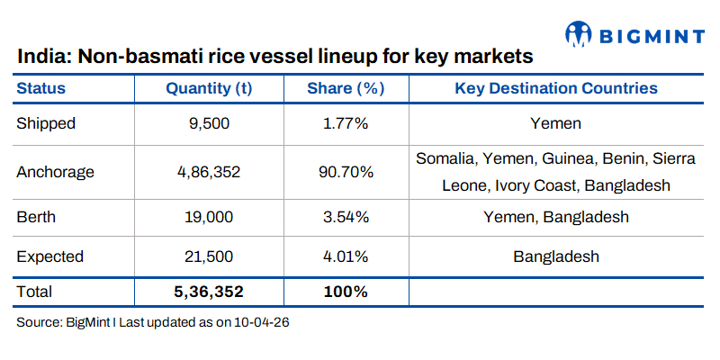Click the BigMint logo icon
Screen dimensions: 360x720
point(578,34)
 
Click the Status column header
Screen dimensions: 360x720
point(41,88)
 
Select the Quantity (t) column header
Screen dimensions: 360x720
point(209,88)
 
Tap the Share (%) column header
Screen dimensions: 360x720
point(346,88)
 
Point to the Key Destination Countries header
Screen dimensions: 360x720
point(556,88)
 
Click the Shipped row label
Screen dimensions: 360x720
point(46,123)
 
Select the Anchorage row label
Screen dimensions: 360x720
point(55,171)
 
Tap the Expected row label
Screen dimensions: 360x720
point(49,256)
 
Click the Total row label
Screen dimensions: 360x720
point(35,292)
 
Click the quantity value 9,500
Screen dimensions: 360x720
point(209,123)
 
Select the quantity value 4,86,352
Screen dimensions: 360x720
point(209,171)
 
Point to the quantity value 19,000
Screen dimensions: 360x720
point(209,217)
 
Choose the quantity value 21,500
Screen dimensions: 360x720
point(209,256)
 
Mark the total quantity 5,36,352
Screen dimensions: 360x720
point(209,292)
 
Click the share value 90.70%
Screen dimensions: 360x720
point(346,171)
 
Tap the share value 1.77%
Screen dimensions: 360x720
point(346,123)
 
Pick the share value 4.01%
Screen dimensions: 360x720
point(346,256)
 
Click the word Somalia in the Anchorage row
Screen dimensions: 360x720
point(445,159)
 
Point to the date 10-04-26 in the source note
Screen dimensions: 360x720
point(262,321)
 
